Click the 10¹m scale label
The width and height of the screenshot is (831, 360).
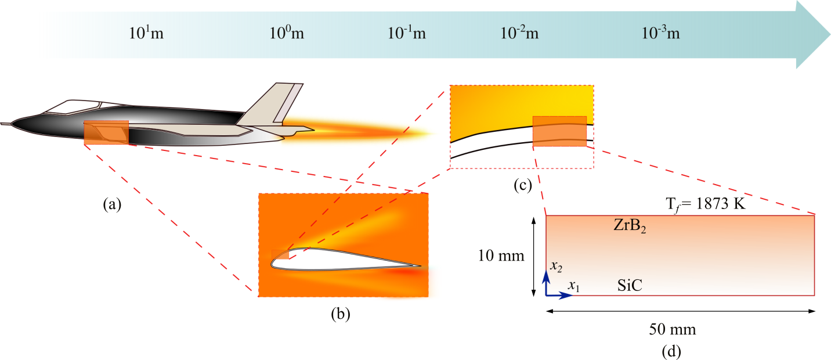click(146, 33)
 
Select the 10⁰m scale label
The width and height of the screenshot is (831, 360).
click(287, 33)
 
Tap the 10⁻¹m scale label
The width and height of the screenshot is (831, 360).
click(407, 33)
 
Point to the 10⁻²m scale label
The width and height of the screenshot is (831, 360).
click(519, 33)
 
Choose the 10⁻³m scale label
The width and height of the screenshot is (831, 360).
click(661, 33)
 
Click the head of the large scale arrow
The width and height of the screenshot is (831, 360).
click(812, 35)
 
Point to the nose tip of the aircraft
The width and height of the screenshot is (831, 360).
click(1, 124)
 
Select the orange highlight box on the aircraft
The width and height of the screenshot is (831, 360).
click(106, 132)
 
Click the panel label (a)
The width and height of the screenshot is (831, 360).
click(112, 204)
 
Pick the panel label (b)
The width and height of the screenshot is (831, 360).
click(341, 314)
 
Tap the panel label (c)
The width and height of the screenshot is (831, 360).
click(523, 185)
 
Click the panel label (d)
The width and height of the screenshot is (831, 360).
click(671, 351)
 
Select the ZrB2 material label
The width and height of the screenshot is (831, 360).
click(630, 226)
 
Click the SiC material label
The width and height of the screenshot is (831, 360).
click(630, 285)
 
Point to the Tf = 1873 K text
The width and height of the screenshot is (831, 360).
click(705, 204)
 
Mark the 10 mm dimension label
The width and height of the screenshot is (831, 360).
click(501, 255)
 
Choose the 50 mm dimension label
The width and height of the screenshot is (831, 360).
click(672, 329)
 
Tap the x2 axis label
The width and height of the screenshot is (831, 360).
click(556, 267)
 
